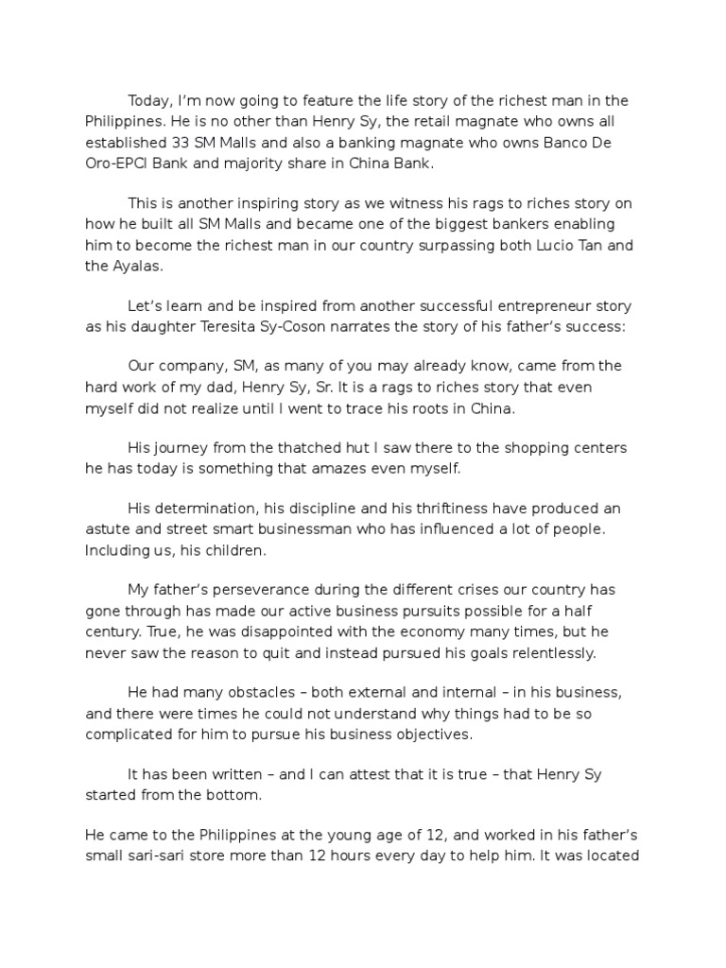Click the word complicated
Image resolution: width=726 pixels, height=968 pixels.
click(x=135, y=734)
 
